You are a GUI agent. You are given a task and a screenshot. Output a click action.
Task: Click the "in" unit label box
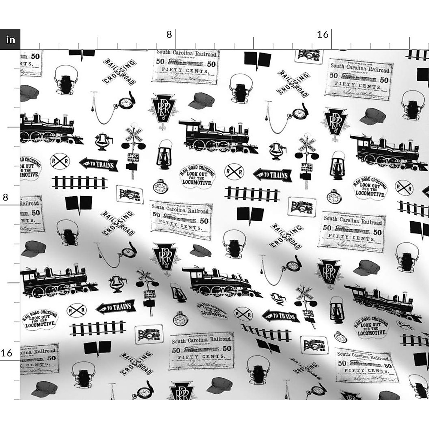pyautogui.click(x=10, y=39)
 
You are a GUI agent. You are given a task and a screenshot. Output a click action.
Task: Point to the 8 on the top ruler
pyautogui.click(x=169, y=34)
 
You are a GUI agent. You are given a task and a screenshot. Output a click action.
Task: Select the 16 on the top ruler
pyautogui.click(x=322, y=34)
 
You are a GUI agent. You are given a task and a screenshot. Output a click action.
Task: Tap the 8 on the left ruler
pyautogui.click(x=5, y=197)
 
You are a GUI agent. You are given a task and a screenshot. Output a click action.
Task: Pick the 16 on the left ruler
pyautogui.click(x=6, y=353)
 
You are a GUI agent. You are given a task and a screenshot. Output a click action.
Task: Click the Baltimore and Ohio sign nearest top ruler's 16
pyautogui.click(x=309, y=55)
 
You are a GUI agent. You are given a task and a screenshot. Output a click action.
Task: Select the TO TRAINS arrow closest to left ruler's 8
pyautogui.click(x=98, y=164)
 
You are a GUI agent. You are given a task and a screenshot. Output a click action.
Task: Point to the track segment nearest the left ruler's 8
pyautogui.click(x=79, y=183)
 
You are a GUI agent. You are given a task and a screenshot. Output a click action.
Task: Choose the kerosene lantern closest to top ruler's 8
pyautogui.click(x=164, y=154)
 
